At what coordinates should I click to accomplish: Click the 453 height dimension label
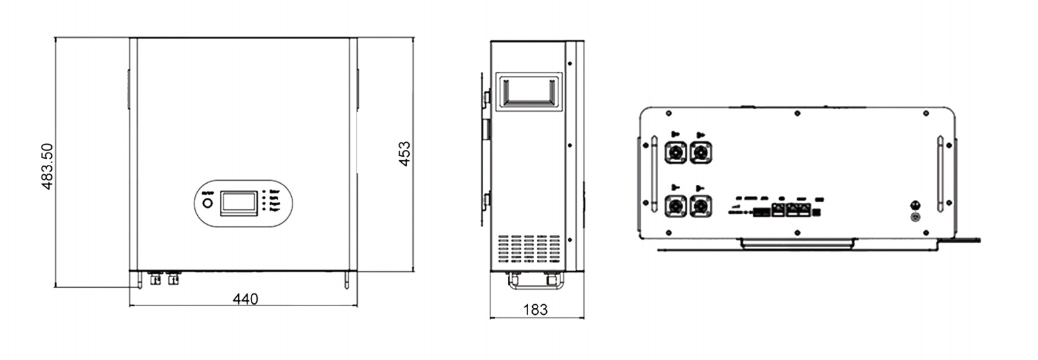(x=404, y=154)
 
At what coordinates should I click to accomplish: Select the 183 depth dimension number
(x=535, y=310)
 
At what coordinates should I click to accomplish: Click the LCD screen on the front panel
(x=239, y=202)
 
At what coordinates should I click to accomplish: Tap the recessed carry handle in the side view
(x=529, y=92)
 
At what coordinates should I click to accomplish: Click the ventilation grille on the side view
(x=528, y=250)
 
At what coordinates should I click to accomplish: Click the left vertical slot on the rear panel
(x=653, y=174)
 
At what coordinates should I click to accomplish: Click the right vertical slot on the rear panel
(x=940, y=174)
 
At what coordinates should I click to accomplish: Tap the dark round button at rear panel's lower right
(x=915, y=205)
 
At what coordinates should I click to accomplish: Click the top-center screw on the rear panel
(x=796, y=113)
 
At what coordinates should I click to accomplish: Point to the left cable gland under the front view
(x=155, y=277)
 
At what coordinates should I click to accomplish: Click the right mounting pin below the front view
(x=346, y=279)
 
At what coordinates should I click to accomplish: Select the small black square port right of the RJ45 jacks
(x=817, y=213)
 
